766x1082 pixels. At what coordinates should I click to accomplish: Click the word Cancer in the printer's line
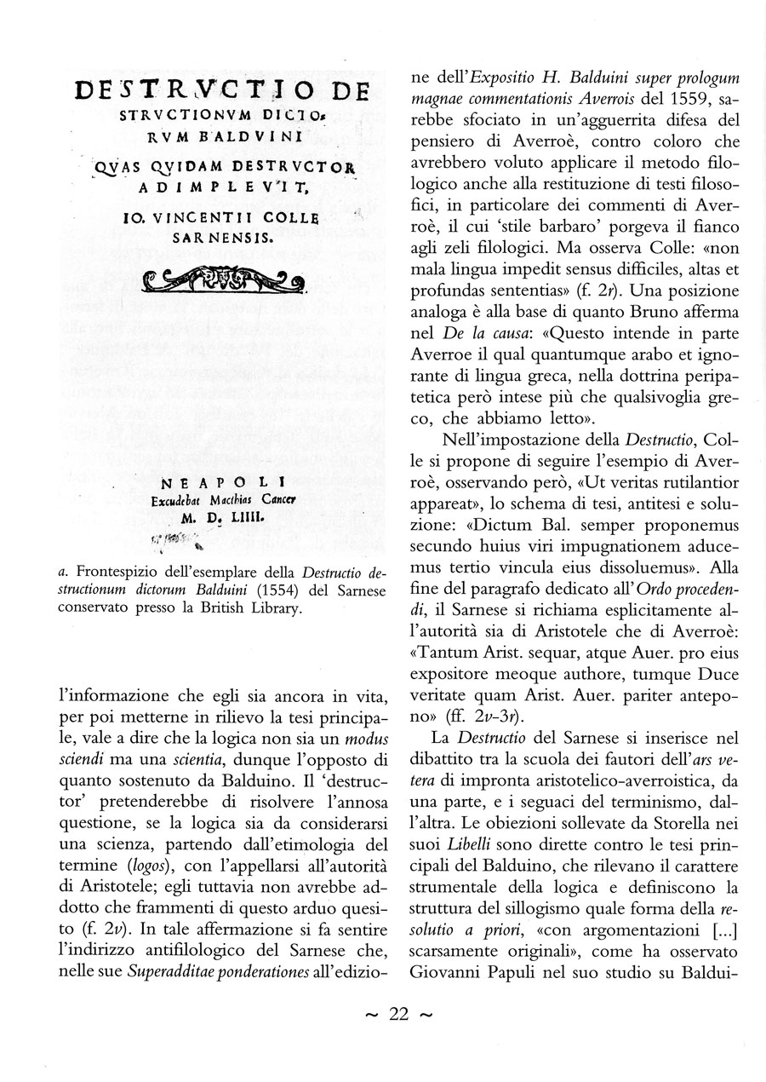(x=267, y=499)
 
